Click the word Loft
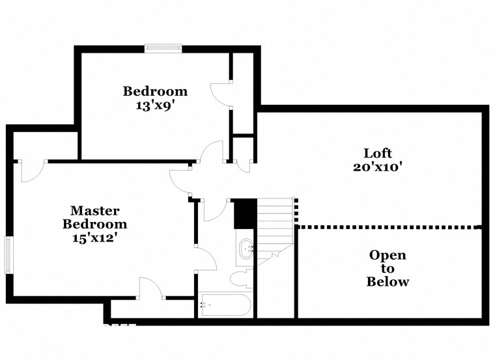tap(378, 153)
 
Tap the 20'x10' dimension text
tap(378, 167)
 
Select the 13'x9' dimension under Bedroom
tap(155, 105)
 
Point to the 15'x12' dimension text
tap(94, 238)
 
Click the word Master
tap(94, 210)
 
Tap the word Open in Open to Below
tap(388, 255)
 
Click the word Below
tap(388, 282)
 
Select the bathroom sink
tap(246, 249)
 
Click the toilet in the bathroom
tap(240, 279)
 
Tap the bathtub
tap(225, 305)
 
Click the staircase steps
tap(274, 225)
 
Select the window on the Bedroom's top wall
tap(163, 48)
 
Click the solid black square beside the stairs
tap(244, 214)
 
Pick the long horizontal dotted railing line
tap(388, 227)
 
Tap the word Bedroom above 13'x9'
tap(155, 91)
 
